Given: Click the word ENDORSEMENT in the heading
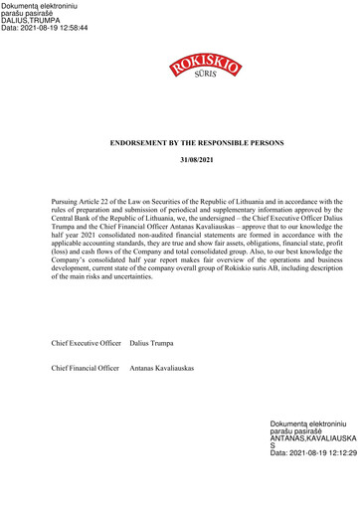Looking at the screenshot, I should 138,143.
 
